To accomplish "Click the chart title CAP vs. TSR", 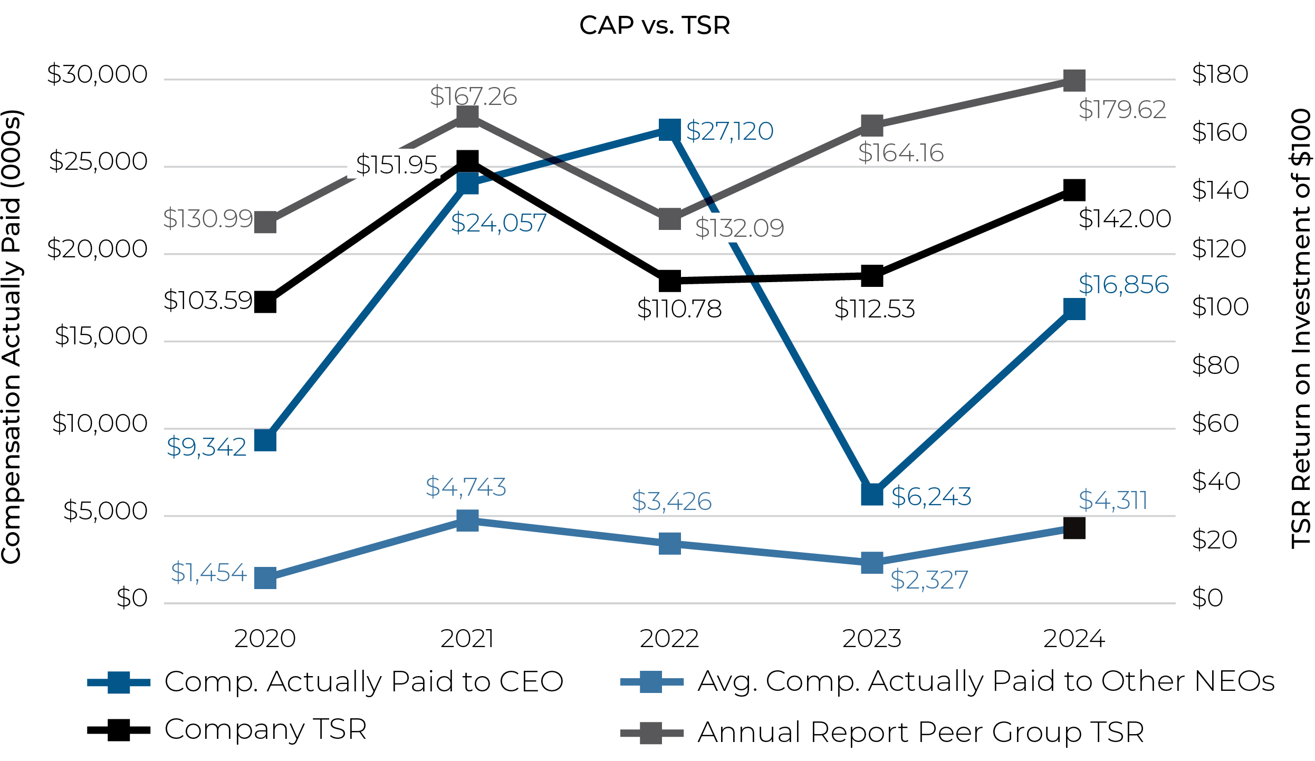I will [655, 25].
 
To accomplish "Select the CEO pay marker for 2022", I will [669, 130].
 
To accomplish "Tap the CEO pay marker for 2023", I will [872, 494].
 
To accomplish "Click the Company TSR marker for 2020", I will [265, 302].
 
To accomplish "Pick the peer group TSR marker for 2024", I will [1074, 81].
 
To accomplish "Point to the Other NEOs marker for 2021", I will [467, 521].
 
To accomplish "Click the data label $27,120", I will [730, 131].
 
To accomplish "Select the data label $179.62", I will [1122, 110].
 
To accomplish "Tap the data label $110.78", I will [679, 309].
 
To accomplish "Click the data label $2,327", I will [929, 580].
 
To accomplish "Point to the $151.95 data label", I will [397, 165].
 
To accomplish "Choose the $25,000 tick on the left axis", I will [98, 161].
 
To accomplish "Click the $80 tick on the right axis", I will [1215, 365].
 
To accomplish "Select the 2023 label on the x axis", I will [872, 639].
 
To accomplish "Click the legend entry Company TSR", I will [265, 729].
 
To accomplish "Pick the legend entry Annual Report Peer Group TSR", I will [920, 732].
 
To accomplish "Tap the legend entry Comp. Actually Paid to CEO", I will [363, 681].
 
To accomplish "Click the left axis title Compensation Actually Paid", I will [12, 338].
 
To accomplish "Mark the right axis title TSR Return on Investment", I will [1301, 329].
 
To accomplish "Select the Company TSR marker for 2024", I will [1074, 190].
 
